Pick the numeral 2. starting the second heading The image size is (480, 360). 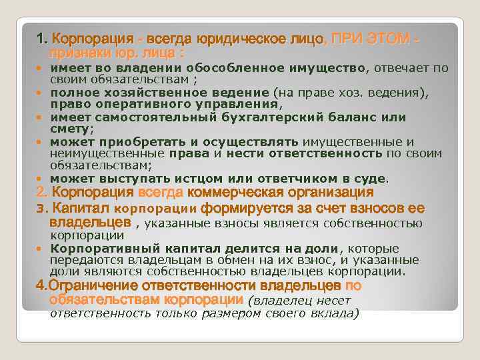pyautogui.click(x=39, y=193)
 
